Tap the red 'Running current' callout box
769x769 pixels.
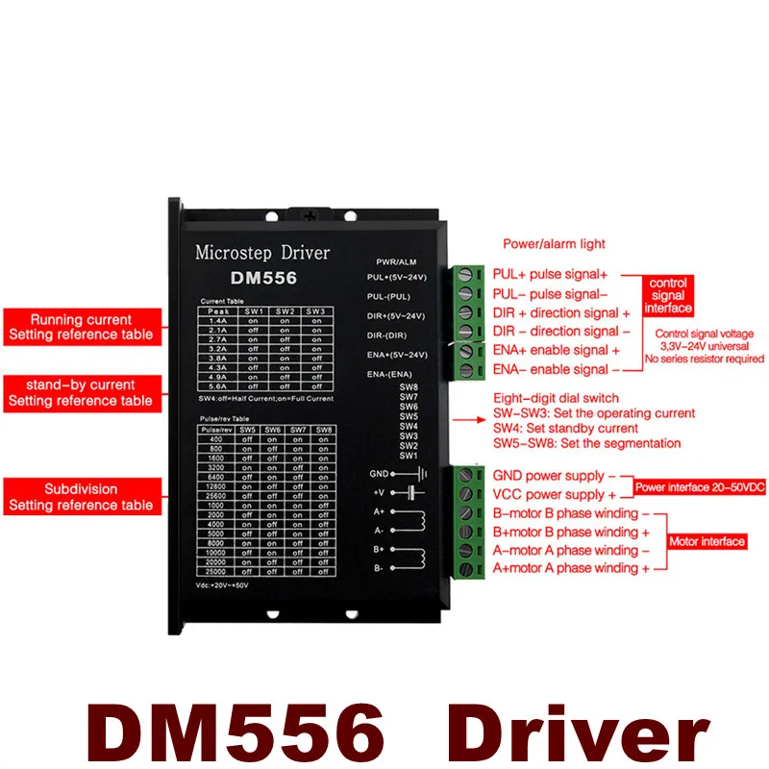pos(80,327)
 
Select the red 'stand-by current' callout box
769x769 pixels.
pos(80,392)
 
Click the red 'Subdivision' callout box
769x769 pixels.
pos(80,496)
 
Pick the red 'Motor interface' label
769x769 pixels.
pos(707,541)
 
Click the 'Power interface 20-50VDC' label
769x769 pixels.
pos(701,487)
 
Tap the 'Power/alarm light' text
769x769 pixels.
pos(554,244)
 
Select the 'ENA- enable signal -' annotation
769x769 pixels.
pos(550,369)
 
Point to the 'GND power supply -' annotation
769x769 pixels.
pos(548,476)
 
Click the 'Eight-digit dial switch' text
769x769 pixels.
pos(556,398)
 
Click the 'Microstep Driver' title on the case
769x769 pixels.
pos(261,253)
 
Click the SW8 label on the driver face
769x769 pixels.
pos(408,386)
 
